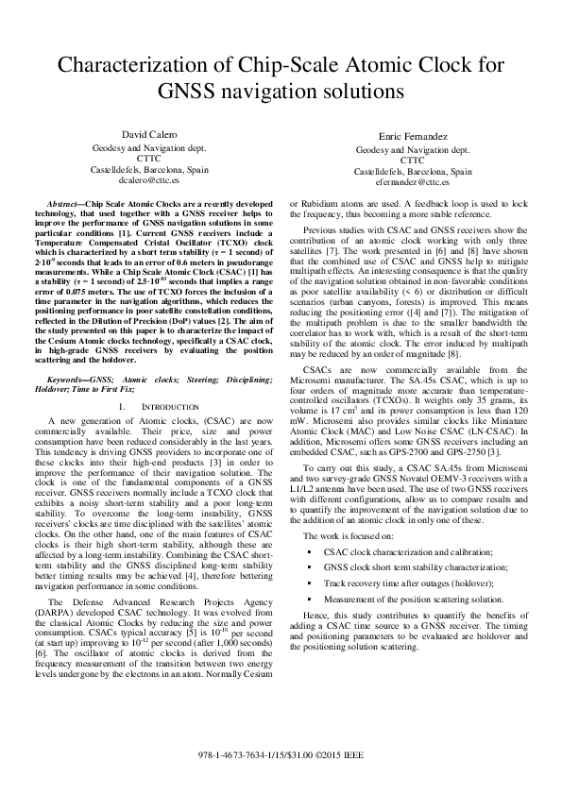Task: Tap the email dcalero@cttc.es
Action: (x=149, y=178)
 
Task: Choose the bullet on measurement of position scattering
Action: (x=413, y=600)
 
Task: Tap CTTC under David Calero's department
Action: (x=149, y=159)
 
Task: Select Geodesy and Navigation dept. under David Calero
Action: (x=149, y=148)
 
